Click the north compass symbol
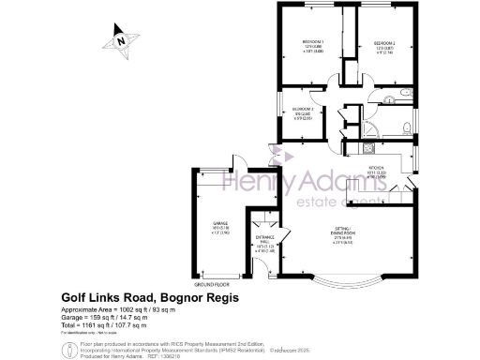coord(120,40)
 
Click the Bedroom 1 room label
coord(312,46)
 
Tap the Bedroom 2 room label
coord(385,46)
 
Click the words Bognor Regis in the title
coord(198,297)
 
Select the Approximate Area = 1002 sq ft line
coord(118,309)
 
